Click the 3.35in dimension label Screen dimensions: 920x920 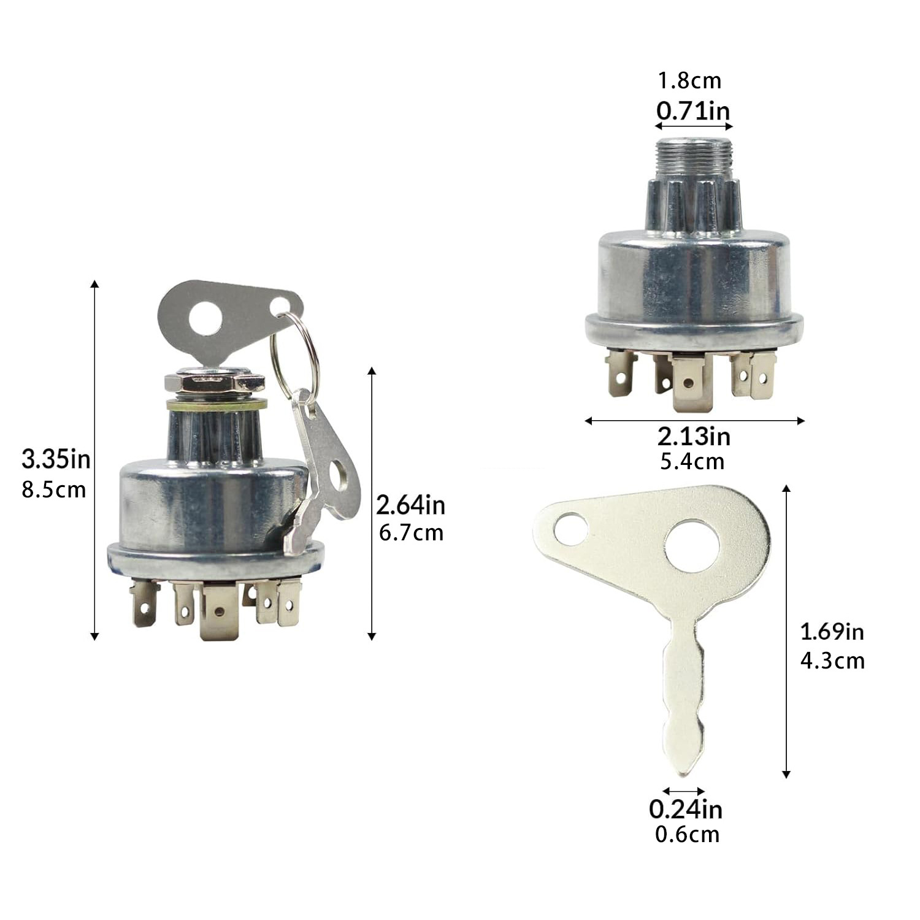point(56,458)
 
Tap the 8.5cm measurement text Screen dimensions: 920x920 point(54,490)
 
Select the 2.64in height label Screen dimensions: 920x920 point(410,505)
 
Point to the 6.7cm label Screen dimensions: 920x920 point(411,532)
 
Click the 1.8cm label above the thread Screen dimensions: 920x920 point(689,80)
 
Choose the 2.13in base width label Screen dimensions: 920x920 point(694,436)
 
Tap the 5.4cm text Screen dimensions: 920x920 point(692,461)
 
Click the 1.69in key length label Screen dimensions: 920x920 point(832,631)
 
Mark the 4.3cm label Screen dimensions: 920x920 point(832,661)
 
